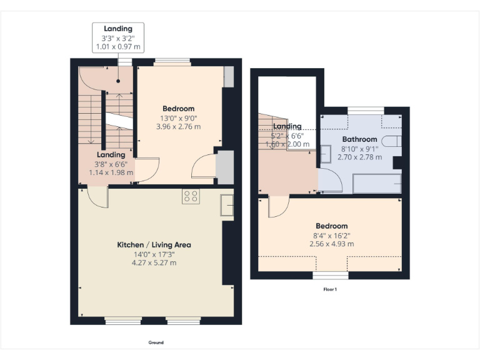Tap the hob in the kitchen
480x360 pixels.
click(191, 196)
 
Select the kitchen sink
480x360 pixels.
click(226, 206)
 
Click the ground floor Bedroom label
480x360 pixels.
click(179, 108)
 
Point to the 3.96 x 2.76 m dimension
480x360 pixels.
click(179, 126)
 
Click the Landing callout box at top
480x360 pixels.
click(118, 37)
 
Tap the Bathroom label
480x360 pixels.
click(359, 139)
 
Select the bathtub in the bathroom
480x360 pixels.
click(375, 183)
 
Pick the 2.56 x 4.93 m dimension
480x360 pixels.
click(332, 244)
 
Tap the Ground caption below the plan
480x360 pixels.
click(156, 342)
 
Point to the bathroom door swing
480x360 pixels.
click(329, 180)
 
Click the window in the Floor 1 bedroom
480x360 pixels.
click(331, 275)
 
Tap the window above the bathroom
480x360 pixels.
click(365, 110)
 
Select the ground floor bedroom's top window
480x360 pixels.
click(172, 61)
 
